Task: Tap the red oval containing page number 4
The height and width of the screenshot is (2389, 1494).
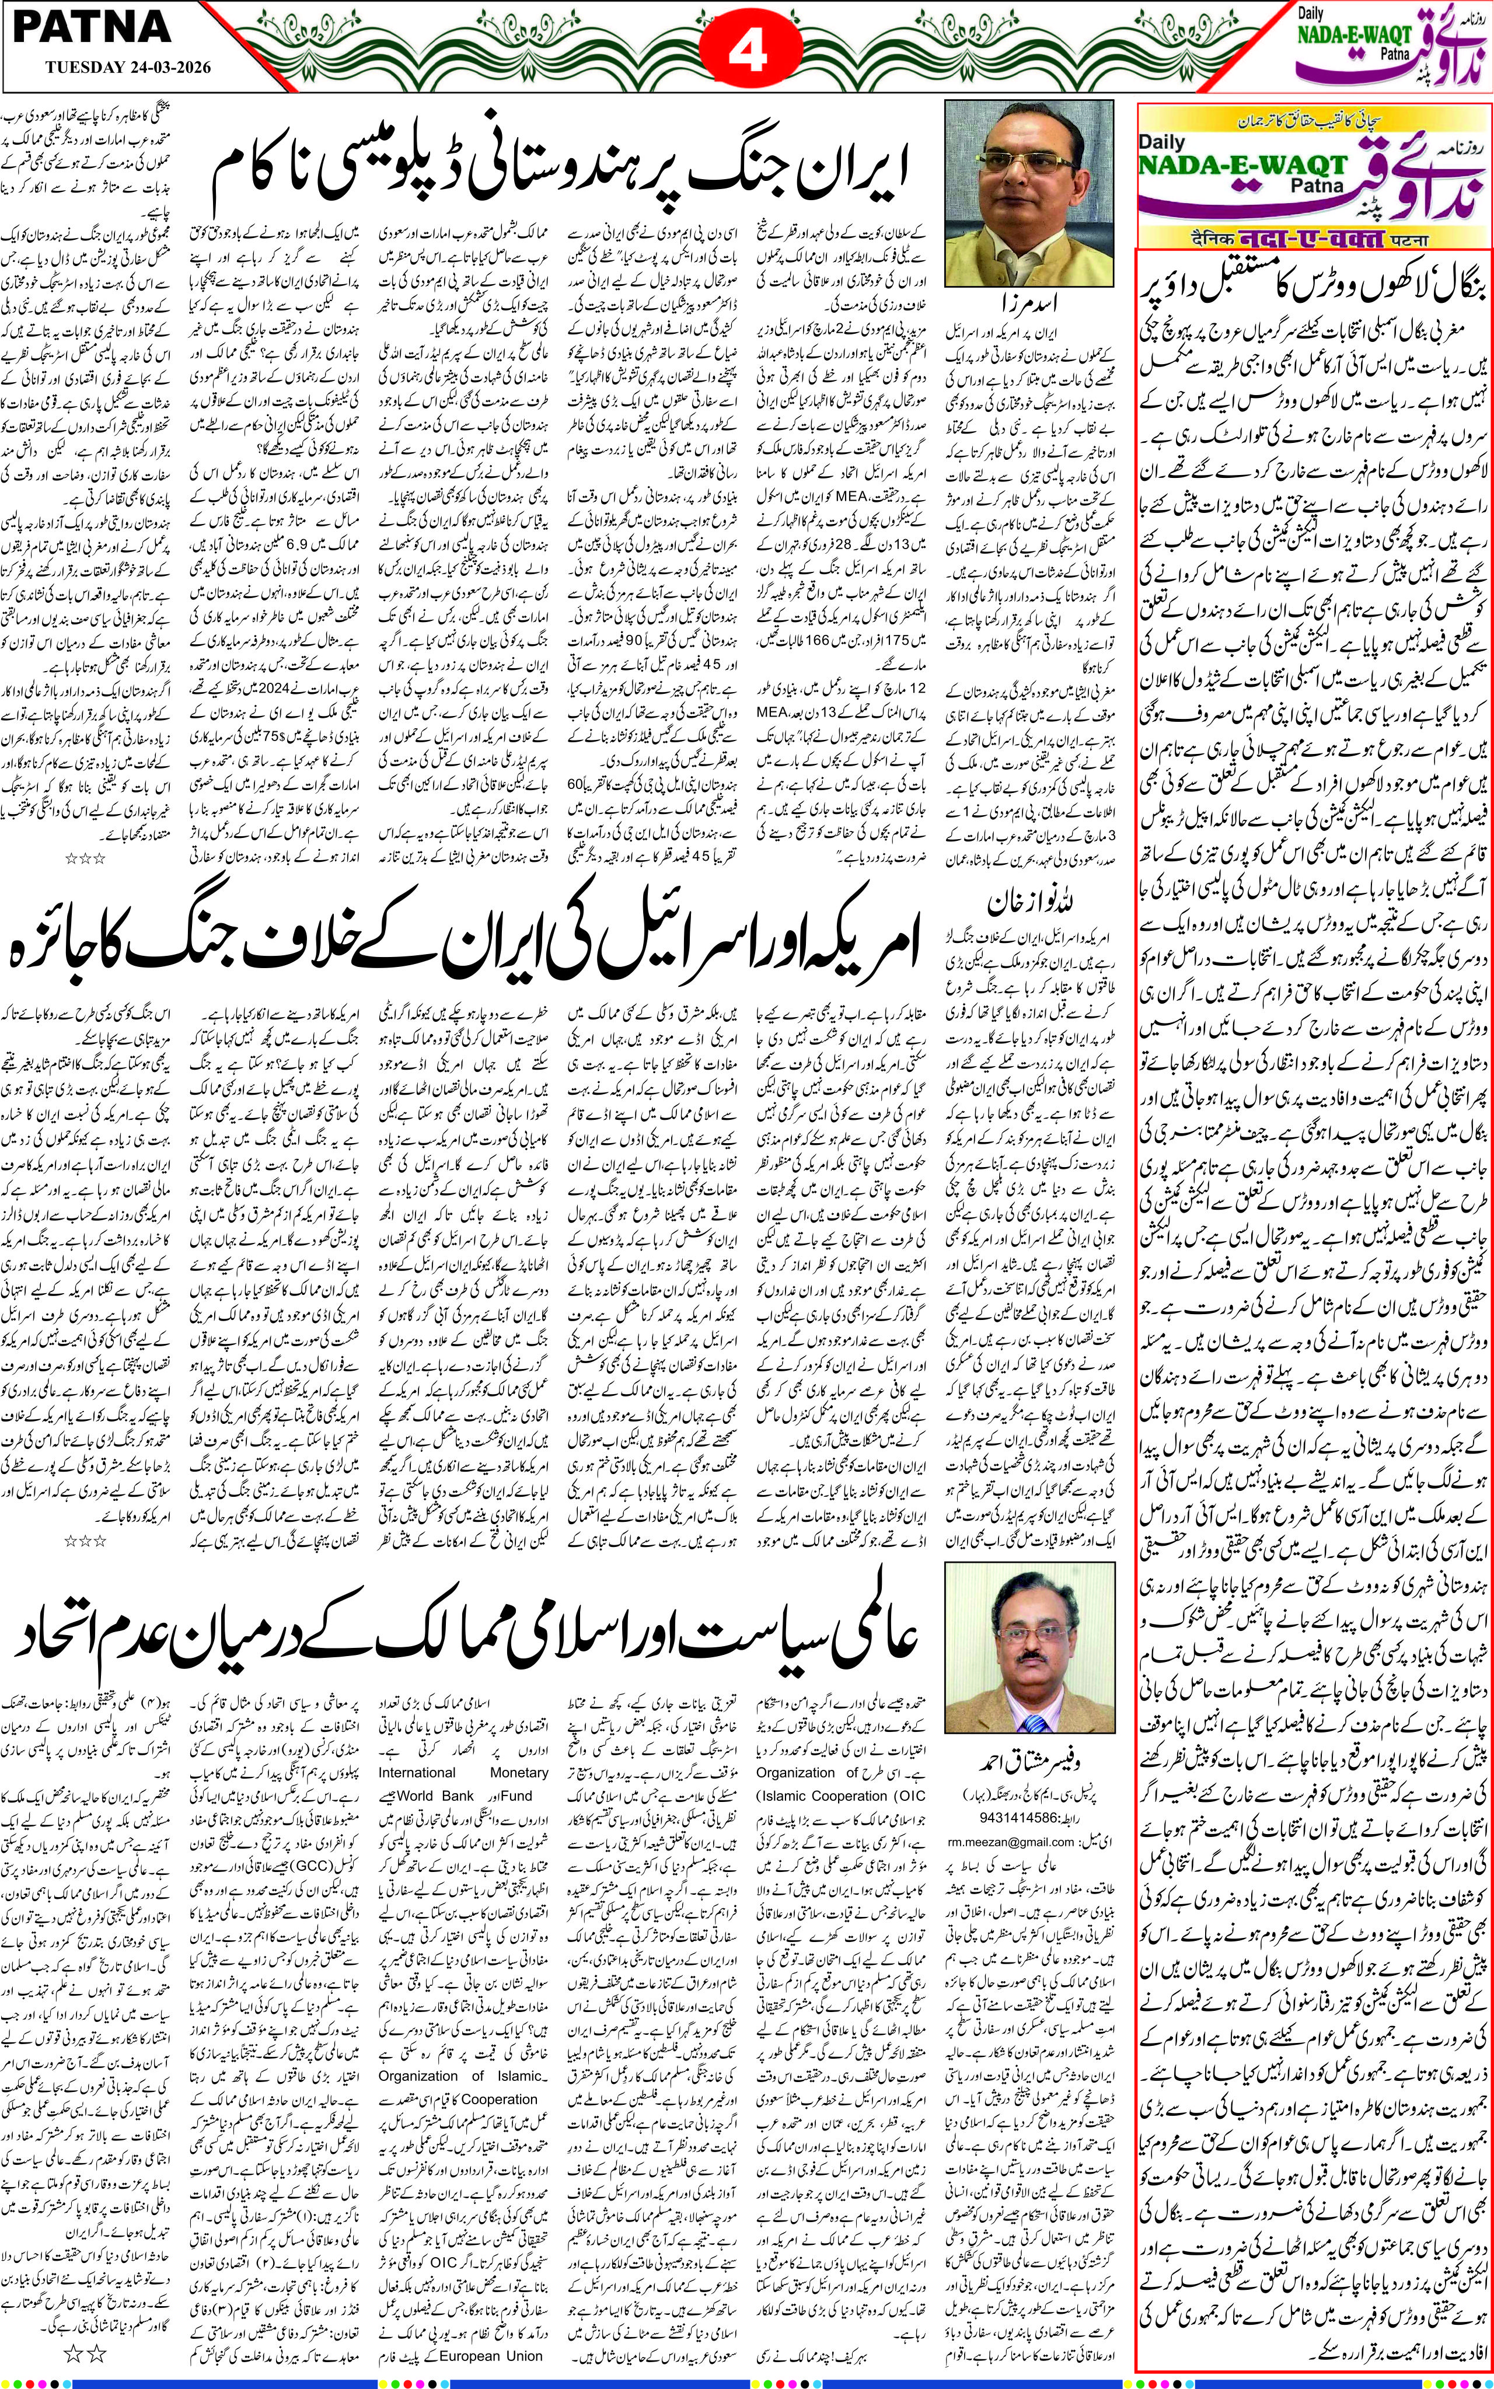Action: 748,50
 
